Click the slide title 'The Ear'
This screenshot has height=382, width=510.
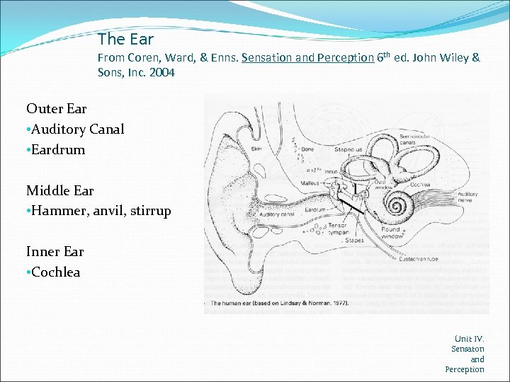125,39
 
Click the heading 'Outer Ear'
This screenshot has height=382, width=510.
56,108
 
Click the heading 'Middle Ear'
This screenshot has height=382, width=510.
59,190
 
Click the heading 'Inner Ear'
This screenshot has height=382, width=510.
55,252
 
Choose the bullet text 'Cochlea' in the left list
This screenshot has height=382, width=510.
56,272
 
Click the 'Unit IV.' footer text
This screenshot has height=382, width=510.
469,339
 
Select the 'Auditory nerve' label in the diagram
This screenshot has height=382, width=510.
467,197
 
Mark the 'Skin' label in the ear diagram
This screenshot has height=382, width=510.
256,149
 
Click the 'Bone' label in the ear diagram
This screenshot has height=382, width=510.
307,149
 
